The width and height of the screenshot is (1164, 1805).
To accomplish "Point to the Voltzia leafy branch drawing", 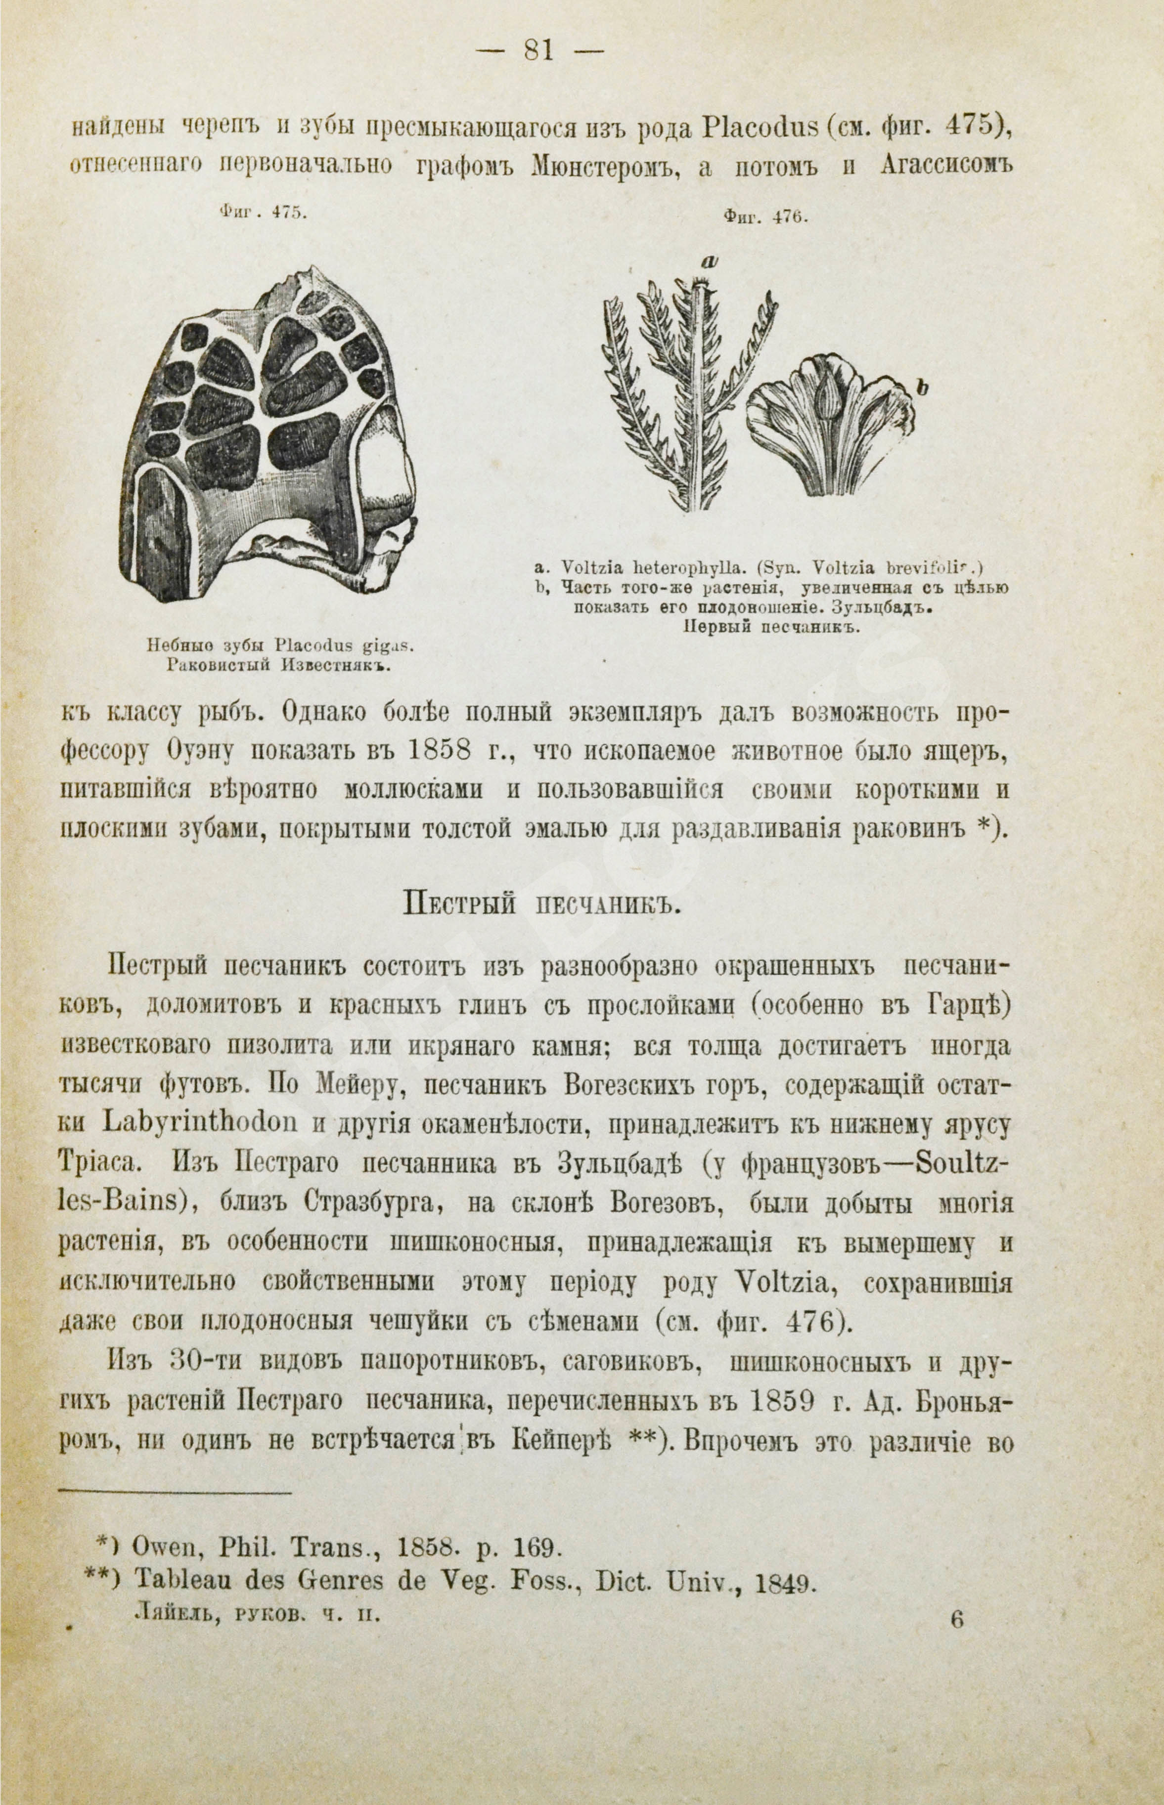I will pyautogui.click(x=688, y=393).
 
